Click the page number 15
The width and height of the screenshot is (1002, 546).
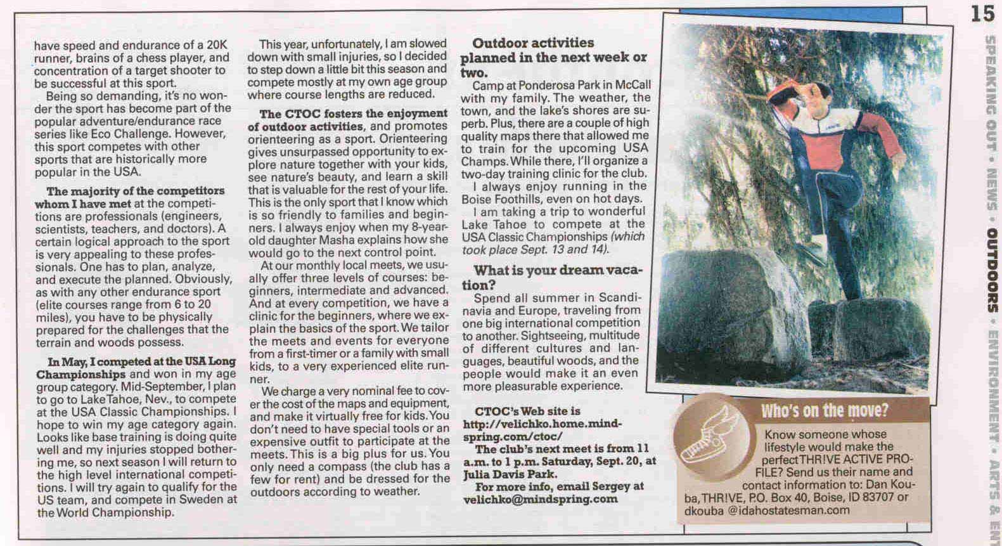[x=982, y=13]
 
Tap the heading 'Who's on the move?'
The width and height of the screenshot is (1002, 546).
[x=825, y=410]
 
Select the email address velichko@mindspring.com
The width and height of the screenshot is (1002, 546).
[x=541, y=499]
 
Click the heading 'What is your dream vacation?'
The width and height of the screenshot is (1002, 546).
[x=558, y=277]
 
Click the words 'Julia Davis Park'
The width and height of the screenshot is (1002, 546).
[x=510, y=474]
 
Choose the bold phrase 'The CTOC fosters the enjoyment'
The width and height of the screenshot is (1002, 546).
[x=354, y=114]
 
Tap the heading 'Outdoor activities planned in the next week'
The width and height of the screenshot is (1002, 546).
[x=553, y=51]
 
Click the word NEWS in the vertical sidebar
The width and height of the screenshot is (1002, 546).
[x=991, y=193]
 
